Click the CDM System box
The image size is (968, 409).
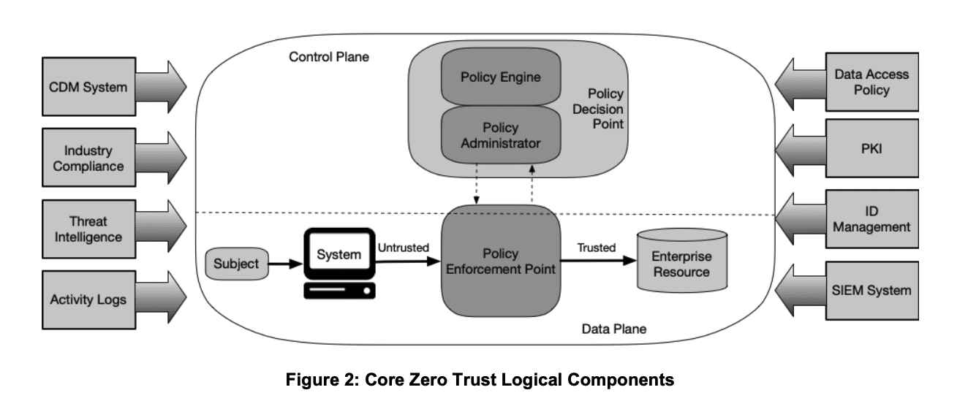(x=89, y=87)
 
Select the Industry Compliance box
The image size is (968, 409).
(x=89, y=158)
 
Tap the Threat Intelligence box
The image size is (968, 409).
(x=89, y=229)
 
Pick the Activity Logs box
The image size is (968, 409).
(x=89, y=299)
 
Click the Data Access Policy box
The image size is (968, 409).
(x=872, y=82)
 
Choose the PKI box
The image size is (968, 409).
(x=872, y=148)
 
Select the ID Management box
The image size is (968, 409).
(x=872, y=219)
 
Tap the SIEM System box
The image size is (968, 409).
(x=872, y=291)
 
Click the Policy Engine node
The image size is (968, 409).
(x=501, y=77)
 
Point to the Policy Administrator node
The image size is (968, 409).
(x=501, y=135)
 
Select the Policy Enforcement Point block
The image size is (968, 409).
(x=501, y=261)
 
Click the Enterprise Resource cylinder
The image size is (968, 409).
(x=682, y=261)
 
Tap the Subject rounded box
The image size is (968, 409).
(x=237, y=264)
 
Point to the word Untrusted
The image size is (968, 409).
(x=403, y=248)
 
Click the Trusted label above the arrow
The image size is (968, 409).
(x=597, y=248)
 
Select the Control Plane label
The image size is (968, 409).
(x=329, y=57)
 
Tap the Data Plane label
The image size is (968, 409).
(x=614, y=329)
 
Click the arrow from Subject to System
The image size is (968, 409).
(x=286, y=264)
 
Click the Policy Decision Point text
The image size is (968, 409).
(x=598, y=109)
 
